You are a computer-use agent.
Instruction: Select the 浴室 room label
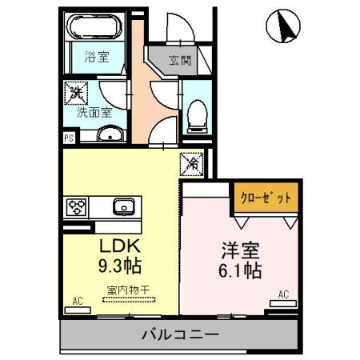95,57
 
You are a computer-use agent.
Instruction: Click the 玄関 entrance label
180,59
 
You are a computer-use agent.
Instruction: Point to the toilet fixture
197,115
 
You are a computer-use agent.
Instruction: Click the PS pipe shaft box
69,138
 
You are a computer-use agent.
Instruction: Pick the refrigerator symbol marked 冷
193,162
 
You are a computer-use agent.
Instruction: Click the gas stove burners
76,207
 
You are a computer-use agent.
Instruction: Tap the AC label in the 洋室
282,294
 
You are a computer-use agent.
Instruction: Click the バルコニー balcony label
179,334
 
